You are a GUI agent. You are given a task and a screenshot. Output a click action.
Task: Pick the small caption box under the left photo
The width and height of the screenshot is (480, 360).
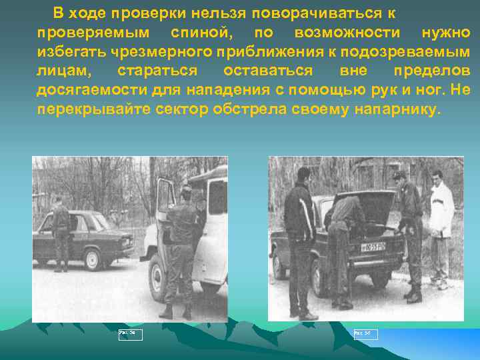pyautogui.click(x=130, y=334)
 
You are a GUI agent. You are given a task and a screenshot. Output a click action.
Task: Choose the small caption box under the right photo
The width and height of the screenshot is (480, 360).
pyautogui.click(x=365, y=334)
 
